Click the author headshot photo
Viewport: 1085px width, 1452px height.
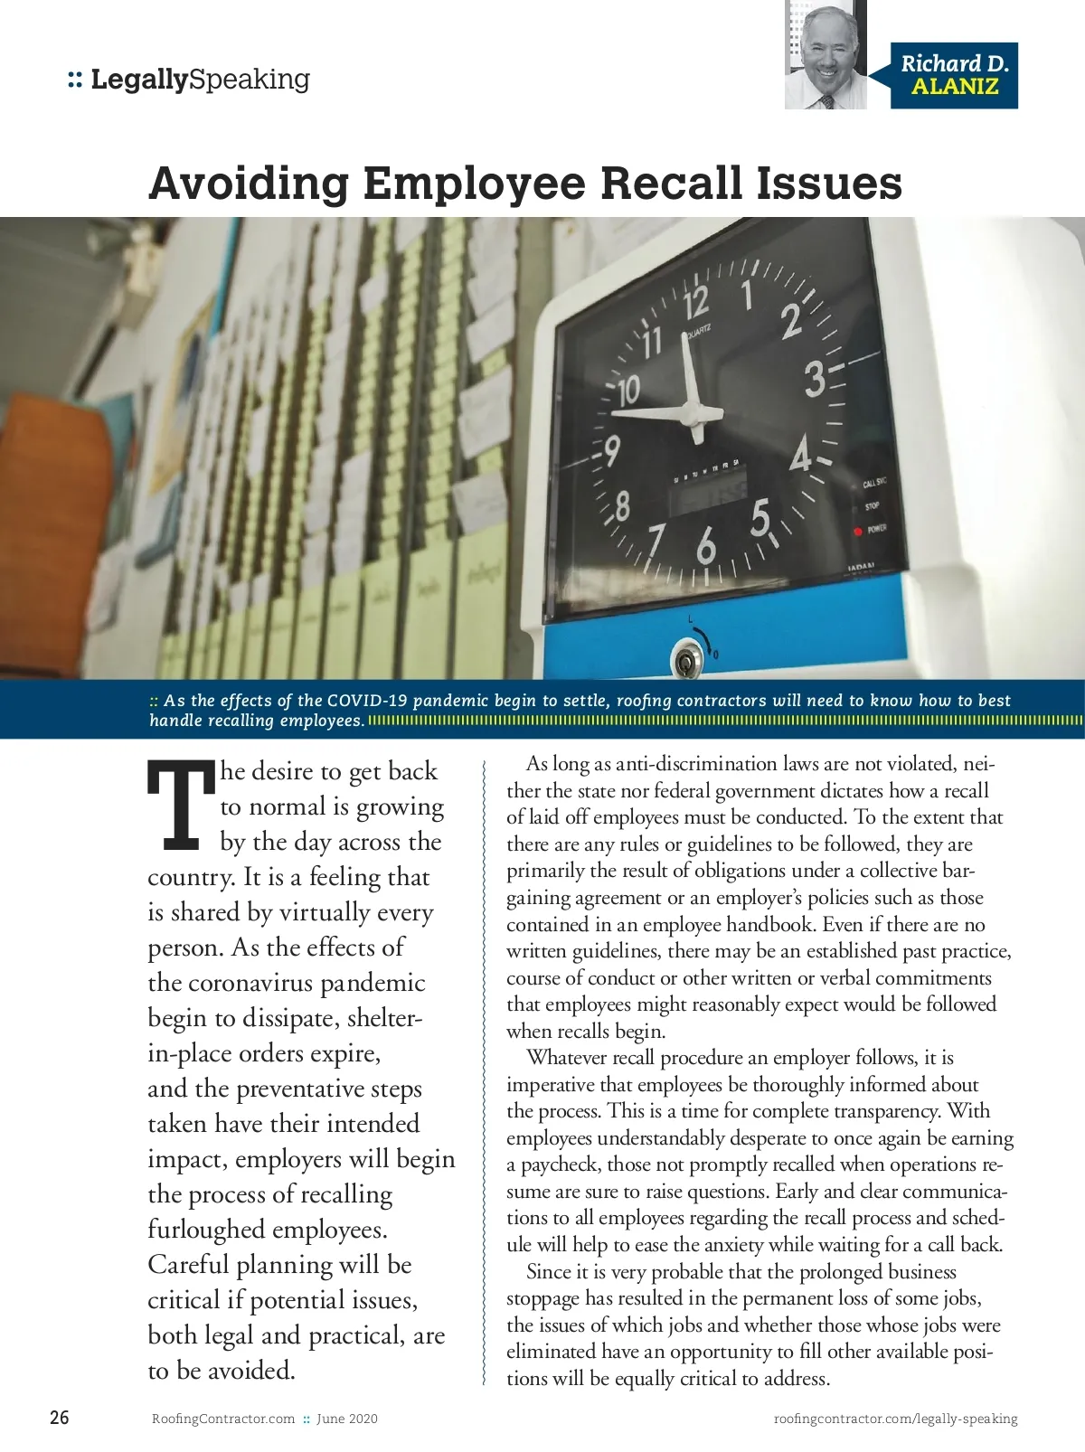tap(826, 56)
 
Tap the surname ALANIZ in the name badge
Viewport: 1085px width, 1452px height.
tap(955, 88)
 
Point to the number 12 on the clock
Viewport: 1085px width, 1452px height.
tap(695, 304)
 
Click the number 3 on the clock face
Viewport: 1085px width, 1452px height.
tap(815, 379)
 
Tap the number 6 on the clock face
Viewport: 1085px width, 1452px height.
tap(706, 545)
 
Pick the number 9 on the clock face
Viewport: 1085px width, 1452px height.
tap(612, 449)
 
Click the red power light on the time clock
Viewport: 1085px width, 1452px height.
tap(857, 531)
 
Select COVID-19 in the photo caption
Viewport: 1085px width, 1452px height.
tap(367, 701)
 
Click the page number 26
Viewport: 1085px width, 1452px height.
tap(59, 1418)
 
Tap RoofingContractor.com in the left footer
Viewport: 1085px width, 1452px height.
tap(223, 1419)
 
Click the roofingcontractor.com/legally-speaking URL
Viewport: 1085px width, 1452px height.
tap(895, 1419)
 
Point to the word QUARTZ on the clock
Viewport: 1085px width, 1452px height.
tap(697, 333)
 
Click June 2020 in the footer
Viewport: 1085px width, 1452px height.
tap(347, 1419)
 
